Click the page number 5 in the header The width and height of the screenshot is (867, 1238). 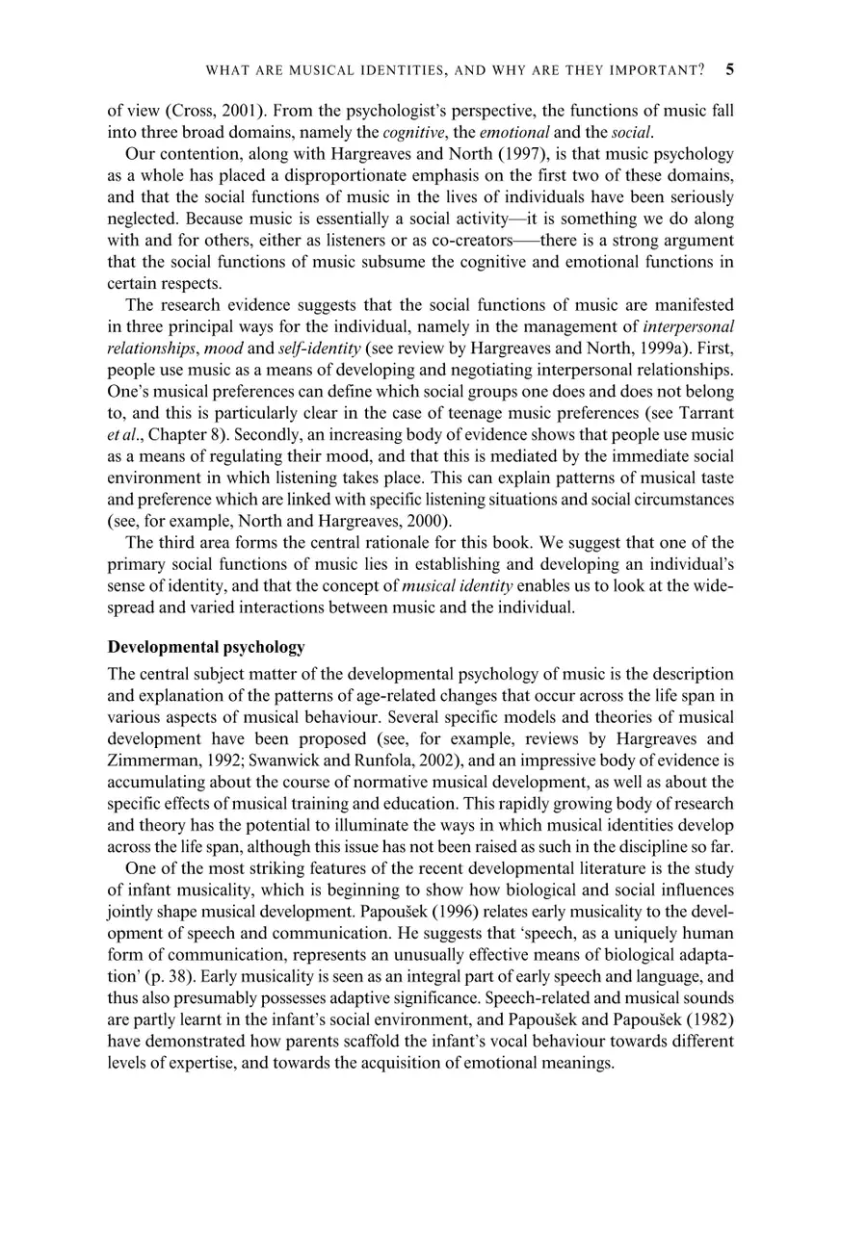[x=729, y=70]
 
